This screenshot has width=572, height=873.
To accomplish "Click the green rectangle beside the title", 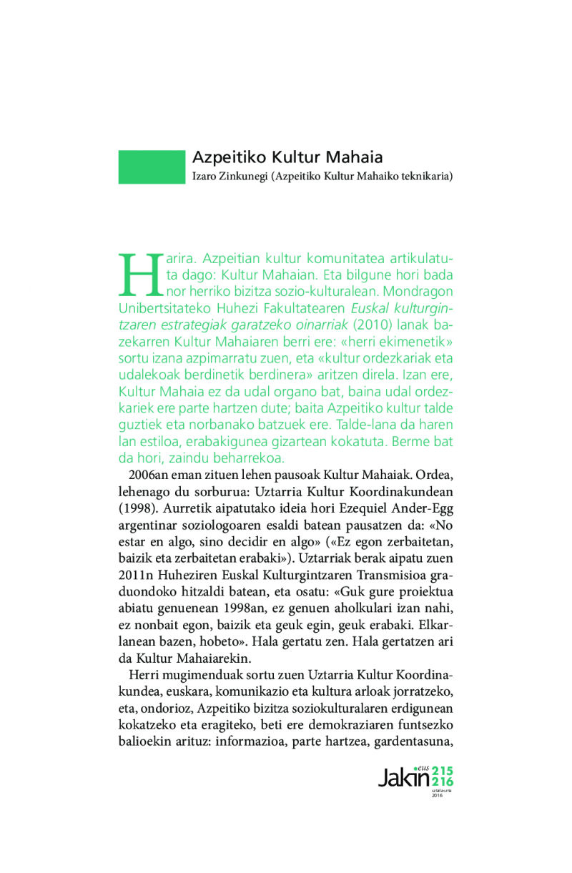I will (x=152, y=167).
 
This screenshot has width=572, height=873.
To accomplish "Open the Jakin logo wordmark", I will (x=403, y=776).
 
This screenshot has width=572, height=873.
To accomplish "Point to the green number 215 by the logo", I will (x=443, y=771).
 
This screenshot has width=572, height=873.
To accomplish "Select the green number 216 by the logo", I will (x=443, y=783).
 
